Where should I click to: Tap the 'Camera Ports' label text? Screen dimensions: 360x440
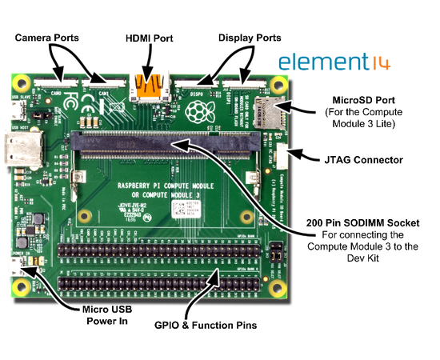coord(50,38)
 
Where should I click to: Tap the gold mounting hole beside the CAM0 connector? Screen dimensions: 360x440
coord(22,83)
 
